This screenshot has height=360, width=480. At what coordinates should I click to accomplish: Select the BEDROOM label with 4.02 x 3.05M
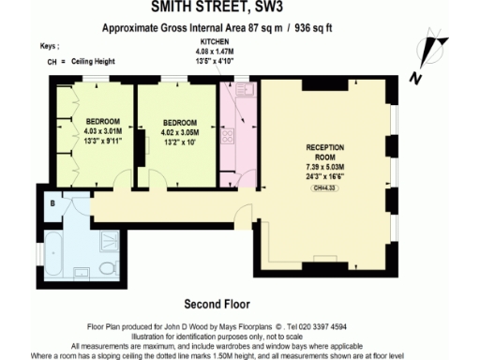pyautogui.click(x=179, y=123)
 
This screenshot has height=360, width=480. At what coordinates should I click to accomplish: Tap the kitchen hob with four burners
pyautogui.click(x=227, y=137)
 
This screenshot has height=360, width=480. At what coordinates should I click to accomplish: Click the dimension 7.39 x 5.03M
pyautogui.click(x=325, y=167)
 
